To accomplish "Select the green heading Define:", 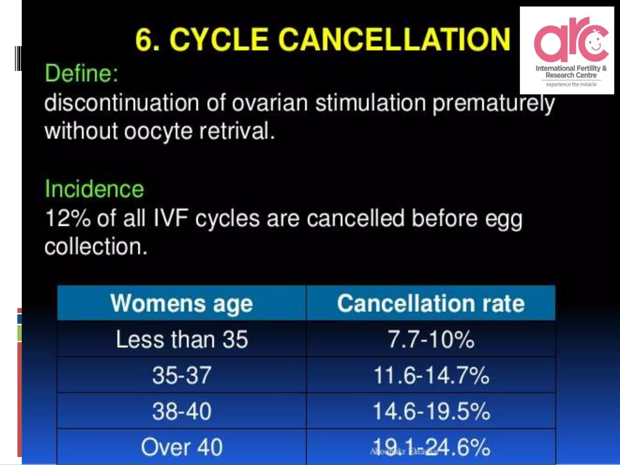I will tap(81, 74).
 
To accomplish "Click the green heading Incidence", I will tap(94, 189).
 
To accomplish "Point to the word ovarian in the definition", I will tap(270, 103).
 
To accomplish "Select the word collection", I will tap(96, 246).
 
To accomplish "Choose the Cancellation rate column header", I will tap(430, 303).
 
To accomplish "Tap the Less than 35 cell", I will tap(182, 339).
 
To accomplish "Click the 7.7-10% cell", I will tap(430, 339).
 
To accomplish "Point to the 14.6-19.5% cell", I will tap(431, 411).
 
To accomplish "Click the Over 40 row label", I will tap(182, 447).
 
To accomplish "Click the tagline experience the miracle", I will tap(571, 84).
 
